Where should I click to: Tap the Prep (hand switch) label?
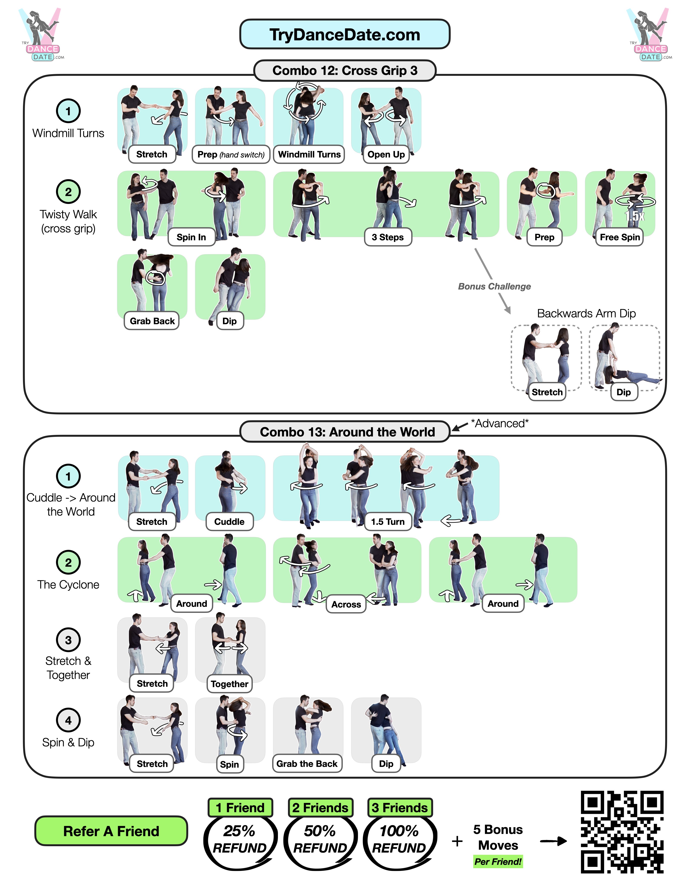(x=231, y=154)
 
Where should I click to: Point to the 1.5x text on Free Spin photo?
(x=634, y=216)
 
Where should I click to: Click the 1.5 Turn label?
(x=387, y=522)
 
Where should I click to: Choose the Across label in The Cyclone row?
(x=346, y=605)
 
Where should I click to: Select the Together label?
(x=229, y=684)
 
